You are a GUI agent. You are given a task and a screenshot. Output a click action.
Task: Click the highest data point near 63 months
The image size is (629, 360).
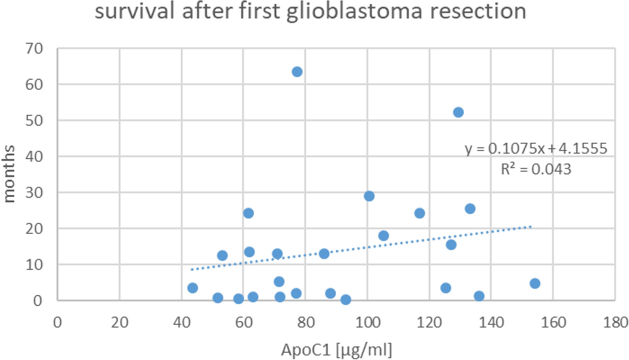pyautogui.click(x=297, y=71)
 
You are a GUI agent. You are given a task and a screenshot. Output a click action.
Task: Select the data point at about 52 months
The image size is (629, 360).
pyautogui.click(x=458, y=112)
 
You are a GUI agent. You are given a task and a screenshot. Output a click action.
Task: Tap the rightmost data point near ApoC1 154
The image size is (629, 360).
pyautogui.click(x=535, y=283)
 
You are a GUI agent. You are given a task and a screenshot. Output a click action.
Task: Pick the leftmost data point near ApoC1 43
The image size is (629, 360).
pyautogui.click(x=192, y=288)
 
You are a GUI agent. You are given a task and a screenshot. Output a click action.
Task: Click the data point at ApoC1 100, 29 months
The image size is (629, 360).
pyautogui.click(x=369, y=196)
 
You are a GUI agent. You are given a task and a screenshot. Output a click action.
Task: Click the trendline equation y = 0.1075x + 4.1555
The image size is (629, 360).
pyautogui.click(x=535, y=149)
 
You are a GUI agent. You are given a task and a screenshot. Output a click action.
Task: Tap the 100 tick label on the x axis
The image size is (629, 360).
pyautogui.click(x=367, y=321)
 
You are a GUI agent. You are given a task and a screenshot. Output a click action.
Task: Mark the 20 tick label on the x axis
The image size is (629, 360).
pyautogui.click(x=120, y=321)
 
